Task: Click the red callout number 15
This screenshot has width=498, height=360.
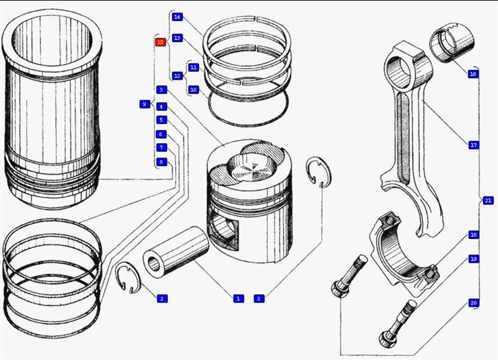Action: coord(160,42)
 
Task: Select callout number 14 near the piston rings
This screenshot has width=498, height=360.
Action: coord(177,17)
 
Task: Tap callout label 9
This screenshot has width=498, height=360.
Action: coord(144,104)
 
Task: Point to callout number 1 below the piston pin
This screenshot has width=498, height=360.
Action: coord(237,299)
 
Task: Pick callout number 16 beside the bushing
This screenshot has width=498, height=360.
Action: coord(473,73)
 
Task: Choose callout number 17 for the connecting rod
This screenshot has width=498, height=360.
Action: coord(473,145)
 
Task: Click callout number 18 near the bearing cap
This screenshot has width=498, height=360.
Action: coord(473,235)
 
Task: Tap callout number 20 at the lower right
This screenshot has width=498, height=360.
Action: coord(473,303)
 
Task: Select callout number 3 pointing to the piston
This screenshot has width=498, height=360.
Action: coord(161,90)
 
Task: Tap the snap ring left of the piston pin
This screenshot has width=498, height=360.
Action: coord(128,277)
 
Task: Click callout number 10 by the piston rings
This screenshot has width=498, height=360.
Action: coord(193,90)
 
